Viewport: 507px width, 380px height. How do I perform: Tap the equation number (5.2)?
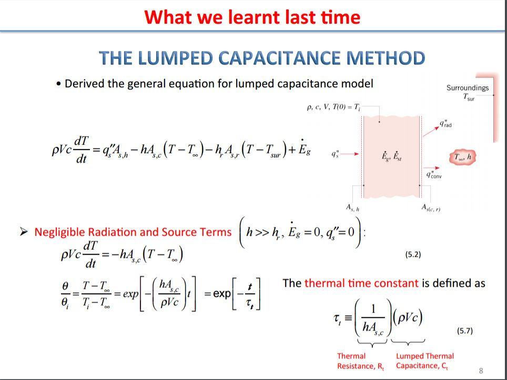coord(413,255)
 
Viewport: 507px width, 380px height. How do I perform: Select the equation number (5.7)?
coord(464,331)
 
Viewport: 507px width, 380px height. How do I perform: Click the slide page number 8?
coord(481,371)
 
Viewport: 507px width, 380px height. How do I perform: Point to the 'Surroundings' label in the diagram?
coord(468,88)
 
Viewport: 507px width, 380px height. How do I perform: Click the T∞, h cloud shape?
coord(463,157)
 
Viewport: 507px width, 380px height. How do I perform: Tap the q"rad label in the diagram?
coord(445,124)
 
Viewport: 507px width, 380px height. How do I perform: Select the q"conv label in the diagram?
coord(433,175)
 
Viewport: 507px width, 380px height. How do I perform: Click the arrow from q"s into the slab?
coord(350,154)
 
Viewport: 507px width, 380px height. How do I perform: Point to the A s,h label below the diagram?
coord(353,208)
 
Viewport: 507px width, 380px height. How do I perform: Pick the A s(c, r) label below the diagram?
coord(431,208)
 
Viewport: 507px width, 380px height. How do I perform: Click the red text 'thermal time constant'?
coord(361,283)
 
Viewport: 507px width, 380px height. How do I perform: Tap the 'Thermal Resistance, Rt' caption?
coord(360,361)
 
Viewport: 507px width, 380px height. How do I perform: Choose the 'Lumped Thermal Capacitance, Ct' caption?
coord(425,361)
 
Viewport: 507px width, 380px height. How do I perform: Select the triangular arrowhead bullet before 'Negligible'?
coord(23,232)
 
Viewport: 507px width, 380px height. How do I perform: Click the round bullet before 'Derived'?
coord(58,84)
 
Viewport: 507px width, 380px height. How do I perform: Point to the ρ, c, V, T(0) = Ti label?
coord(333,107)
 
